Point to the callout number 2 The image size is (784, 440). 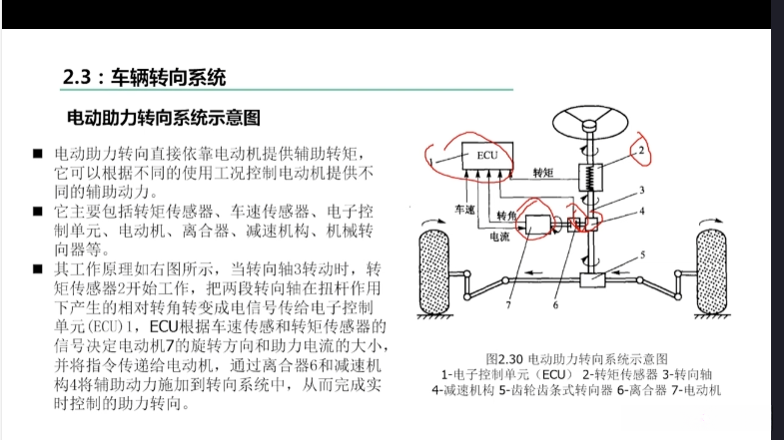(644, 149)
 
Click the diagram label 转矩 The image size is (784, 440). (544, 172)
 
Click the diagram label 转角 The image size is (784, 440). (506, 216)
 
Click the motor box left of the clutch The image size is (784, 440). (539, 228)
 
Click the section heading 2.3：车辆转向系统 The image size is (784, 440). (144, 76)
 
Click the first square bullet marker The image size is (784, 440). (36, 155)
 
